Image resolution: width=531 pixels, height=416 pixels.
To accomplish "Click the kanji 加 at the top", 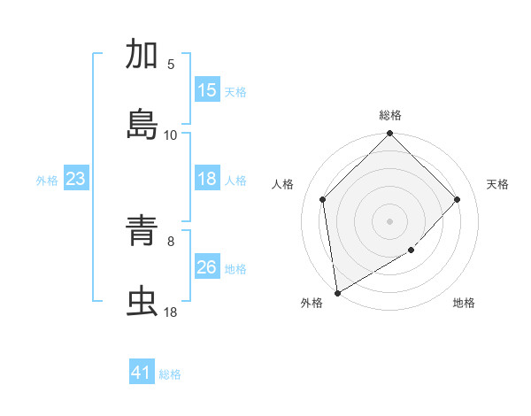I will pos(142,55).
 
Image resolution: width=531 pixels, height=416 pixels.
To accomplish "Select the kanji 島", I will pos(142,125).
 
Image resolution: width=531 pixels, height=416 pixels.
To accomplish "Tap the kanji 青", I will pos(142,232).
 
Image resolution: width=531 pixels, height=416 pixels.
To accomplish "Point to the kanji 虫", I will pos(142,302).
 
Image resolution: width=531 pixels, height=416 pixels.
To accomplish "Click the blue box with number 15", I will pos(206,90).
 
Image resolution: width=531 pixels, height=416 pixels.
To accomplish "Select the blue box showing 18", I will pos(206,180).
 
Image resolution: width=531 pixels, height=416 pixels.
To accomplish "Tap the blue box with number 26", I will pos(206,267).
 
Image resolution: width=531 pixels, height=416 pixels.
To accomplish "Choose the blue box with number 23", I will pos(76,180).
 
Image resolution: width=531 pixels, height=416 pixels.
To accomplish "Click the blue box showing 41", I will pos(142,373).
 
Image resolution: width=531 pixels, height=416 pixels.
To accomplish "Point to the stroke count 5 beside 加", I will pos(171,65).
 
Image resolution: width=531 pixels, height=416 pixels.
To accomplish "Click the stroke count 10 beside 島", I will pos(171,135).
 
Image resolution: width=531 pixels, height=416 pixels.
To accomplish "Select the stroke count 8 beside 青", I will pos(171,241).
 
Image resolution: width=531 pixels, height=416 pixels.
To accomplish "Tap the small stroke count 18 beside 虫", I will pos(171,312).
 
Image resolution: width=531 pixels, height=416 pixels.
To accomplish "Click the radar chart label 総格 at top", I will pos(390,115).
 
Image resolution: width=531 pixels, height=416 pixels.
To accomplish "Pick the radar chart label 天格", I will pos(498,184).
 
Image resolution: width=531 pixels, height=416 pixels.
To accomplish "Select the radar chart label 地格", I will pos(464,303).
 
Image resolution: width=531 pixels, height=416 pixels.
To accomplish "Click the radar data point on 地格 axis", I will pos(412,250).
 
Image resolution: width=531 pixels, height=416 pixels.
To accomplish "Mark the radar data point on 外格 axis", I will pos(337,292).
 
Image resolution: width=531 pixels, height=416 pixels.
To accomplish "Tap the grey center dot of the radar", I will pos(389,220).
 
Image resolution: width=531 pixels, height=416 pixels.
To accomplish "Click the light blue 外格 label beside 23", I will pos(47,181).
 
